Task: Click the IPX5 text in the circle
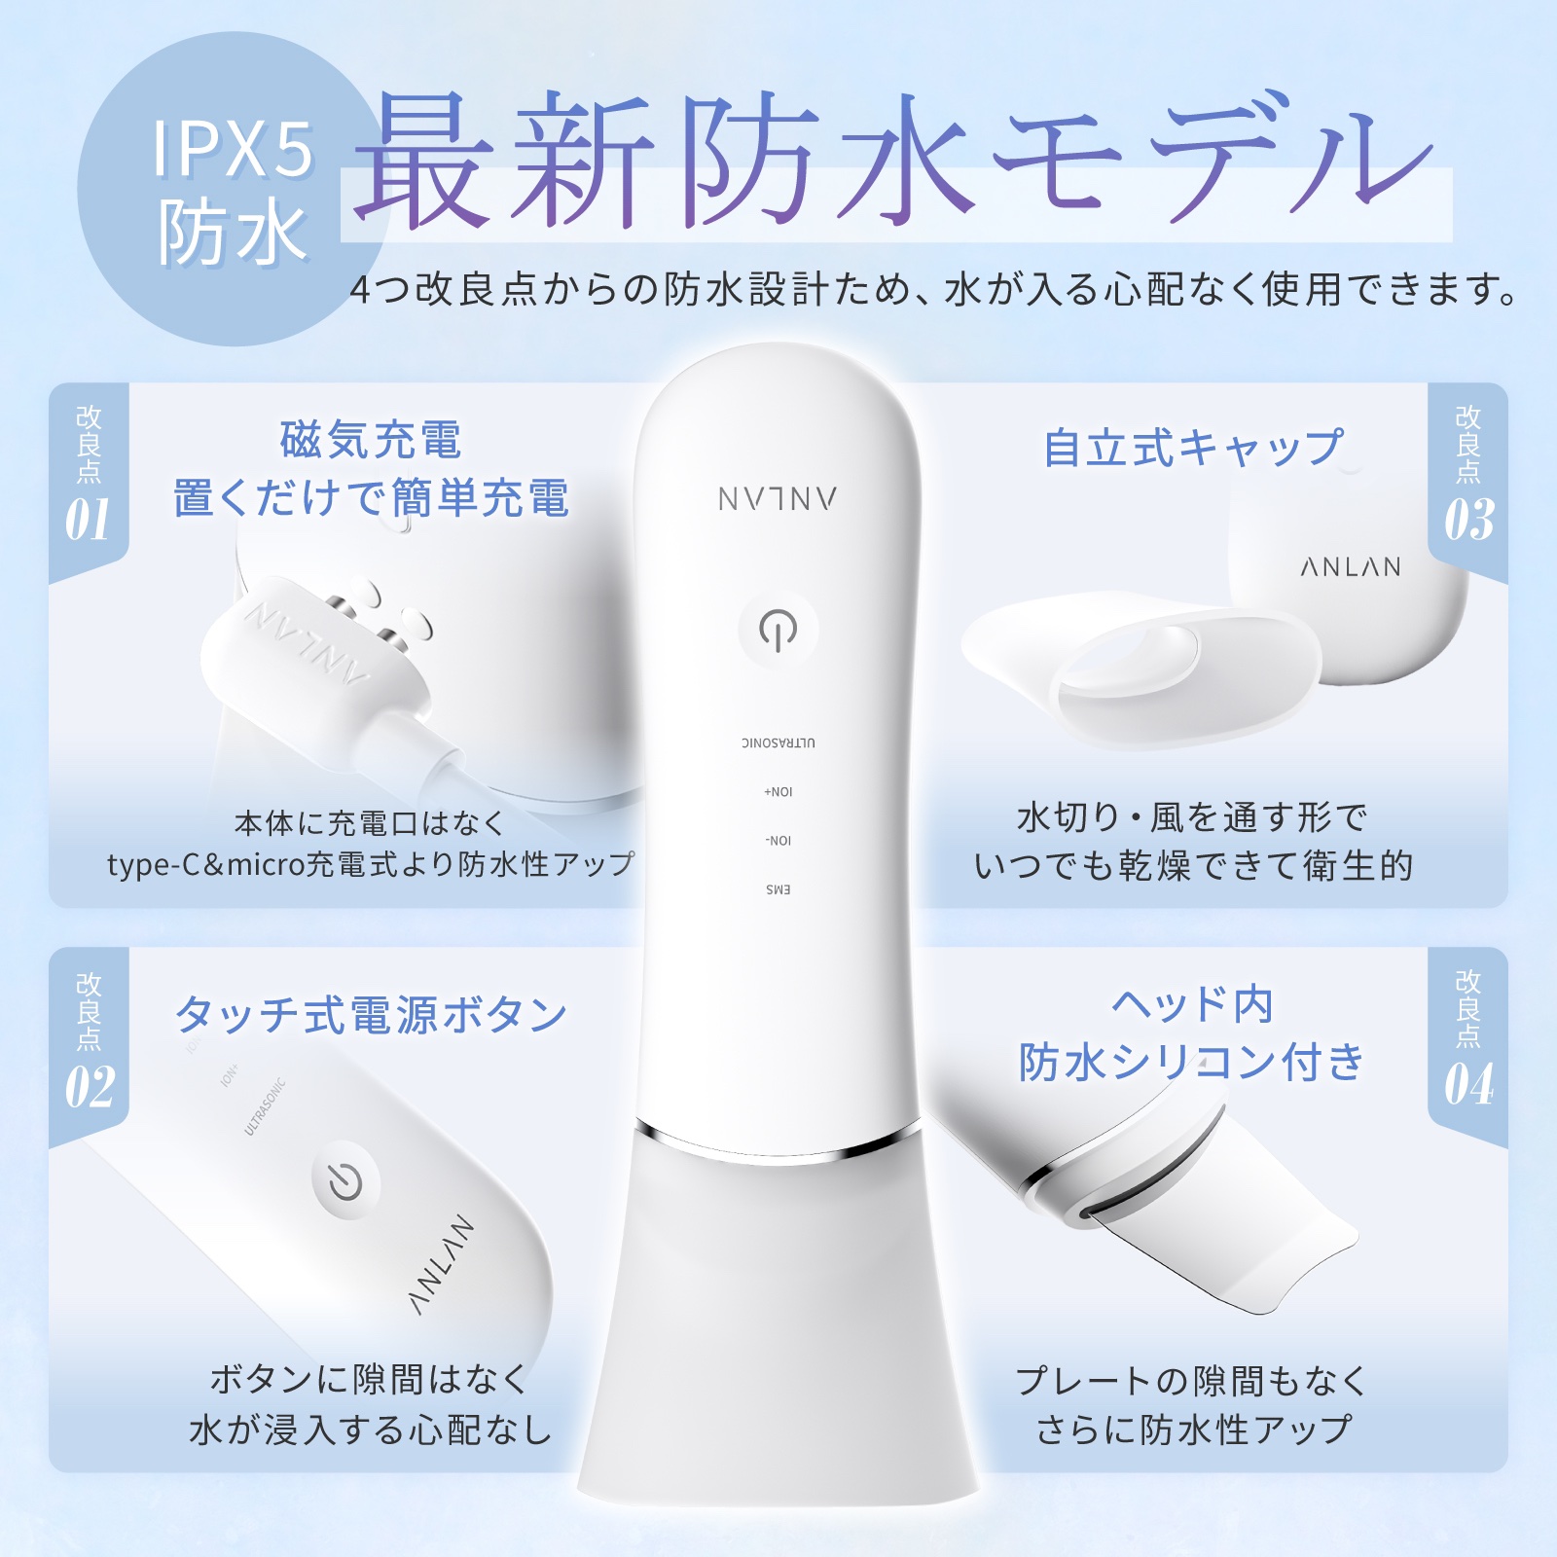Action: click(233, 150)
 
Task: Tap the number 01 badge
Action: click(88, 520)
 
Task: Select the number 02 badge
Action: click(90, 1086)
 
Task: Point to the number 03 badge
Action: click(1468, 520)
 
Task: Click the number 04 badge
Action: click(1468, 1084)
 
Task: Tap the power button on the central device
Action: click(778, 630)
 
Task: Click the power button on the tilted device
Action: click(345, 1181)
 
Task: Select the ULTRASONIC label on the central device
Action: click(778, 742)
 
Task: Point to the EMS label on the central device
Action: click(778, 889)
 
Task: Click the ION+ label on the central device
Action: click(778, 791)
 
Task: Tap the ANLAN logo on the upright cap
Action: click(1351, 567)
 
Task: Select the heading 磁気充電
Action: click(371, 440)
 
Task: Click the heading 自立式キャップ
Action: click(1193, 448)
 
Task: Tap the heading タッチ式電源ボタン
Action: click(371, 1015)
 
